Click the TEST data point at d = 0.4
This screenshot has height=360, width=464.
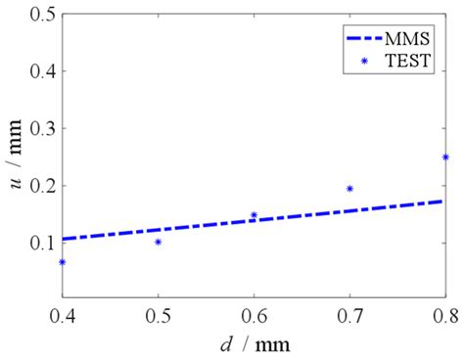tap(63, 262)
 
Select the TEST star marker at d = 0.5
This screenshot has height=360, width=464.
tap(158, 242)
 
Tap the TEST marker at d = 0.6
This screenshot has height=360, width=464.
tap(254, 215)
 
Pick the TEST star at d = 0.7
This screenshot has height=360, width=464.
tap(349, 189)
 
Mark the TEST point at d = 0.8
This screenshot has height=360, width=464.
tap(444, 157)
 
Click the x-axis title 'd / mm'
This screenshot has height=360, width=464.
tap(254, 344)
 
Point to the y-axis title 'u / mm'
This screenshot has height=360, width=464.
tap(14, 157)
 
